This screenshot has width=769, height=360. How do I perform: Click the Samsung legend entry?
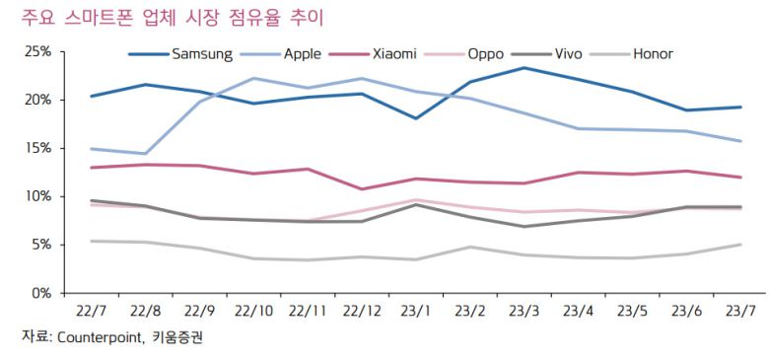196,54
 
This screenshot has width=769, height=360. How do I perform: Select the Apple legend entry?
302,54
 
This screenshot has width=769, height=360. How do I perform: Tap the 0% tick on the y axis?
40,293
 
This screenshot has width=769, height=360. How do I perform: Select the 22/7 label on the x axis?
92,310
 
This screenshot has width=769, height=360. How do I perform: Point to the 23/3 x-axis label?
524,310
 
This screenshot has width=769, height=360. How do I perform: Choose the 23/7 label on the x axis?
740,310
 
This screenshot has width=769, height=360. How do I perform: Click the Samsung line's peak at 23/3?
524,68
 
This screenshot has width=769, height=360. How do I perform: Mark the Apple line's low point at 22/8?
146,154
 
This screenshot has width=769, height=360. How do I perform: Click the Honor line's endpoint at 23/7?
740,245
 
